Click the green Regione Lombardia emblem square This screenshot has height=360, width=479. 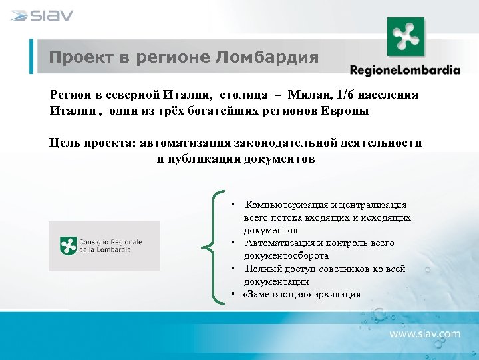[406, 37]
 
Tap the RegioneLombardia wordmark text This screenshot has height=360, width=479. [404, 69]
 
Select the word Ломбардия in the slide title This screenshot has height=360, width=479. [267, 57]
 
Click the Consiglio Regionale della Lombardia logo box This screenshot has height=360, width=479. [104, 246]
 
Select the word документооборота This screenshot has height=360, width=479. [286, 256]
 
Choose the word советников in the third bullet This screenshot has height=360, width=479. [351, 269]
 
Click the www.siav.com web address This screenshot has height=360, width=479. [424, 333]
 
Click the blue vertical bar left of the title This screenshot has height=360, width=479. [31, 56]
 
